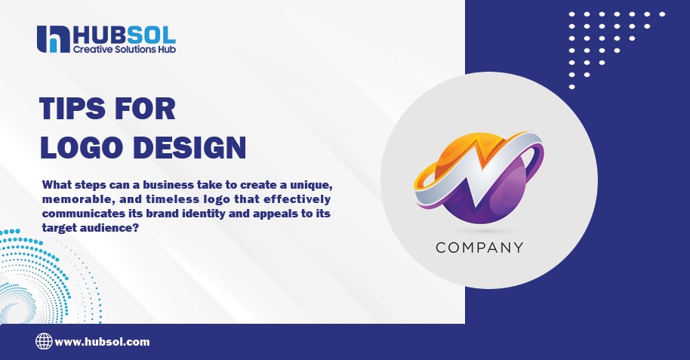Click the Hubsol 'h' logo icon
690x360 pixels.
click(52, 39)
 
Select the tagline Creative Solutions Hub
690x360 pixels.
click(125, 50)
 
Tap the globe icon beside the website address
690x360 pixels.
click(44, 341)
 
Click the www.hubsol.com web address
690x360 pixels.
click(102, 342)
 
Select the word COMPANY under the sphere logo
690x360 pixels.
click(479, 247)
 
